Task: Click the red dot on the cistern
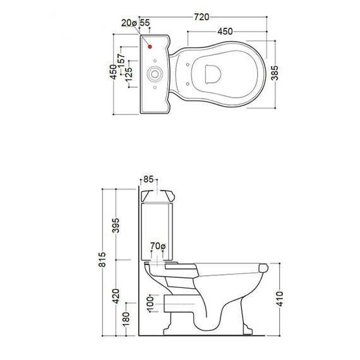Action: (150, 47)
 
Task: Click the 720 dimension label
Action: (201, 17)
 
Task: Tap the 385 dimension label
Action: (275, 73)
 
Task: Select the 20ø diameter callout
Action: (129, 23)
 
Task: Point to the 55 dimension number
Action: (145, 23)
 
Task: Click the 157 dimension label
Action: (121, 61)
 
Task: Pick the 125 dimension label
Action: (129, 75)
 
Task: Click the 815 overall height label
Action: (102, 260)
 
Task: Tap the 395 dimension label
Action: (116, 225)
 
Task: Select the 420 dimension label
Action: (116, 296)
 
